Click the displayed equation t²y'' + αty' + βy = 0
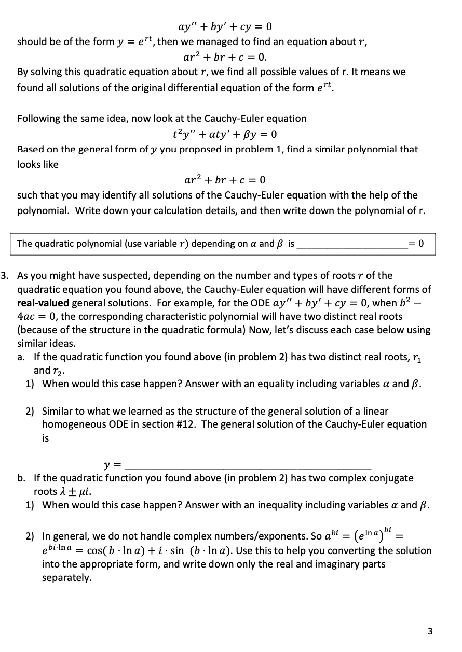[x=224, y=134]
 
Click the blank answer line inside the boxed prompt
[x=351, y=244]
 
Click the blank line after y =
[x=249, y=464]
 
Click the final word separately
[x=66, y=577]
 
